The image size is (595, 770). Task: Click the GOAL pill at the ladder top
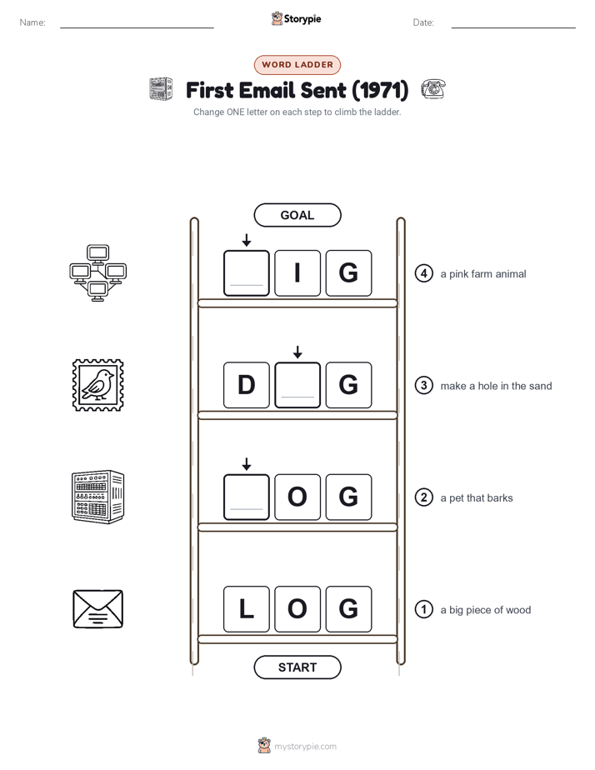(x=297, y=215)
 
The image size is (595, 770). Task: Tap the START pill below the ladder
(x=297, y=667)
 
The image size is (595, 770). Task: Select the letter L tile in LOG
(x=247, y=609)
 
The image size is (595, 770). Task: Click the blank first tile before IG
(x=247, y=273)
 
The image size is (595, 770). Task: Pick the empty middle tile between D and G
(x=297, y=385)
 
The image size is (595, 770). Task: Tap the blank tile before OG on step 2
(x=247, y=497)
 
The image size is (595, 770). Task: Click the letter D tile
(x=247, y=385)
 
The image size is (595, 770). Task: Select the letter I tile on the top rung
(x=297, y=273)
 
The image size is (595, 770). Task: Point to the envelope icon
(x=97, y=609)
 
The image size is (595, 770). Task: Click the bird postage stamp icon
(x=97, y=385)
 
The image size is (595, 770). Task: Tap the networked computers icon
(x=97, y=273)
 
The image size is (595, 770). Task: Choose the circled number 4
(x=423, y=273)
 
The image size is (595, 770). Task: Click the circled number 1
(x=423, y=609)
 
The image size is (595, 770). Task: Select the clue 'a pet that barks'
(x=476, y=498)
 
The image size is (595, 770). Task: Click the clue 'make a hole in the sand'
(x=496, y=386)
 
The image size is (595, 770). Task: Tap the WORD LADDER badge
(x=297, y=65)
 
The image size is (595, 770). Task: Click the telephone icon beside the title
(x=433, y=89)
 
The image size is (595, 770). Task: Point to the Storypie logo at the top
(x=296, y=18)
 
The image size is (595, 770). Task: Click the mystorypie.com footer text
(x=305, y=747)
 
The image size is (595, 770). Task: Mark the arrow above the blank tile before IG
(x=247, y=240)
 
